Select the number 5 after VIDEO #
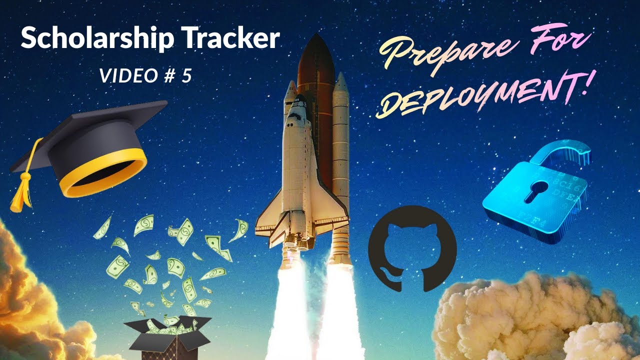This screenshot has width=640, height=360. tap(186, 75)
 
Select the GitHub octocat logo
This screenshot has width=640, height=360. tap(412, 248)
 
